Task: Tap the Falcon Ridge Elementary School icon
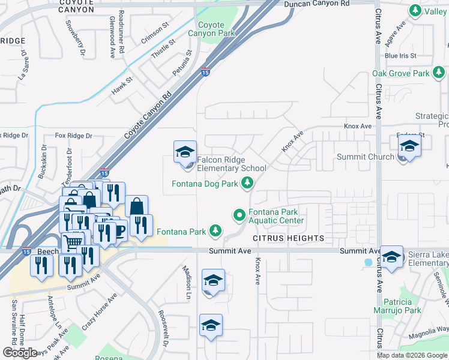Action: pos(185,152)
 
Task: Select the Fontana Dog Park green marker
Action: pos(246,184)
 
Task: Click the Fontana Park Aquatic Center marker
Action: pos(239,214)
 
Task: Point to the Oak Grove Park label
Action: pos(400,73)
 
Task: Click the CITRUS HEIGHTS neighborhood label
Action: pos(288,238)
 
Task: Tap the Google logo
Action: pos(20,353)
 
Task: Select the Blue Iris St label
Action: pos(400,56)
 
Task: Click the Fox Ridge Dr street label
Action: pos(73,136)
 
